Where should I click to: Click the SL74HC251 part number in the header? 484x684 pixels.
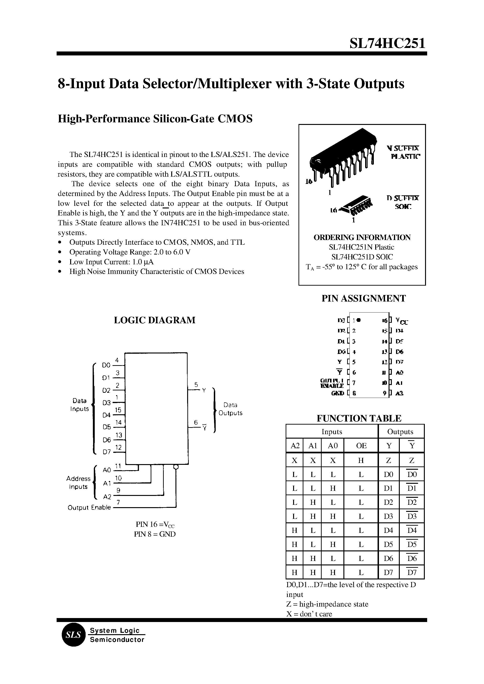(x=387, y=44)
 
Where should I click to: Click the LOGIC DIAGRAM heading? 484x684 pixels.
(x=155, y=320)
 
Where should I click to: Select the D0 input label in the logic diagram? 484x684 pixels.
(x=106, y=365)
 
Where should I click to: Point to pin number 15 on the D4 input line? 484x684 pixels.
(x=118, y=410)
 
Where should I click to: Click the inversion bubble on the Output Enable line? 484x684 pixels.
(x=176, y=467)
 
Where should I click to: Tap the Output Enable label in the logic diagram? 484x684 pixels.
(x=89, y=508)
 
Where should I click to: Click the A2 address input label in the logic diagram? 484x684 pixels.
(x=107, y=497)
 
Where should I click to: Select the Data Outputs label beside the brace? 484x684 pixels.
(x=230, y=409)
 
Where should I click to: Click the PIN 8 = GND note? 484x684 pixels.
(x=155, y=534)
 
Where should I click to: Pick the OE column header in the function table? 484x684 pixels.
(x=361, y=446)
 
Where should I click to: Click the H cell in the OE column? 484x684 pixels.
(x=361, y=460)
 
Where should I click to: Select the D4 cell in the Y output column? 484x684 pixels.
(x=388, y=530)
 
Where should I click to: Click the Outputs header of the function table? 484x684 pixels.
(x=400, y=432)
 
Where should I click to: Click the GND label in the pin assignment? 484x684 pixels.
(x=338, y=393)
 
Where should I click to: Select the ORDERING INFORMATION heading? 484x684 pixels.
(x=362, y=237)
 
